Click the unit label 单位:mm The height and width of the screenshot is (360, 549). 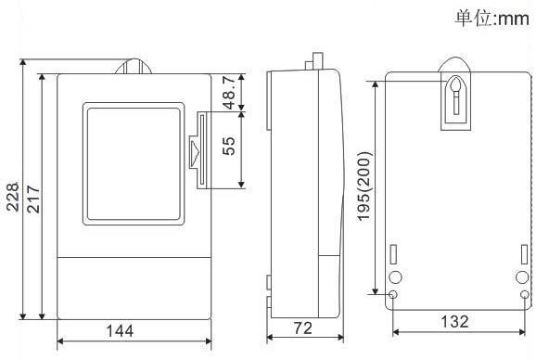point(492,19)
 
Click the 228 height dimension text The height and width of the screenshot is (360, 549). point(13,197)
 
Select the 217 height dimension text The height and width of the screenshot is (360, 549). point(33,199)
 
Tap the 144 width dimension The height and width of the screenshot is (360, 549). point(120,331)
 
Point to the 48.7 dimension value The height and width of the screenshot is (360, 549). point(229,93)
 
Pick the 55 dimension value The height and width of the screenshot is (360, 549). point(229,146)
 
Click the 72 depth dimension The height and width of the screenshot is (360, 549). point(303,328)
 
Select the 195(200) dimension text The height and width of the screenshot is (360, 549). point(364,186)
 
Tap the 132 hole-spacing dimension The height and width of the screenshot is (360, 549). point(454,321)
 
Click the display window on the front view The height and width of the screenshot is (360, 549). point(134,164)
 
